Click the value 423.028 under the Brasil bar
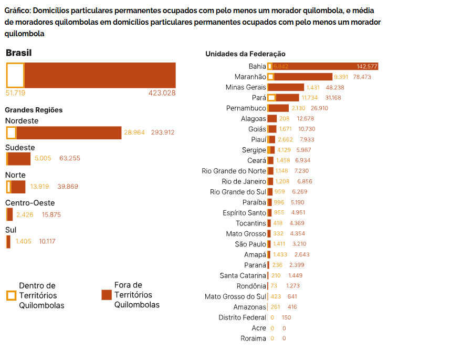pos(162,93)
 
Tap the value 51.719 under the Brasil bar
pos(15,93)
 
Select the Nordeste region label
pos(22,121)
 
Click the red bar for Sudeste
pos(20,158)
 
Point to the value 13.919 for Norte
pos(39,187)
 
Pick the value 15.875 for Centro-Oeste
pos(51,214)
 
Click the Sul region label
pos(11,230)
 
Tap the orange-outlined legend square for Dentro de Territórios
pos(11,295)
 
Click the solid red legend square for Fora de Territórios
pos(106,295)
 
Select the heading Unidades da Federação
pos(245,54)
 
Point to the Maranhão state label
pos(250,77)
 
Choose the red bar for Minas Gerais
pos(286,87)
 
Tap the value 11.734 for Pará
pos(309,98)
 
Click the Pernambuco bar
pos(278,108)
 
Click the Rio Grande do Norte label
pos(234,171)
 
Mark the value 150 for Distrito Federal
pos(286,317)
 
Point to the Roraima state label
pos(253,338)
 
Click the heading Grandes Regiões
pos(34,110)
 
